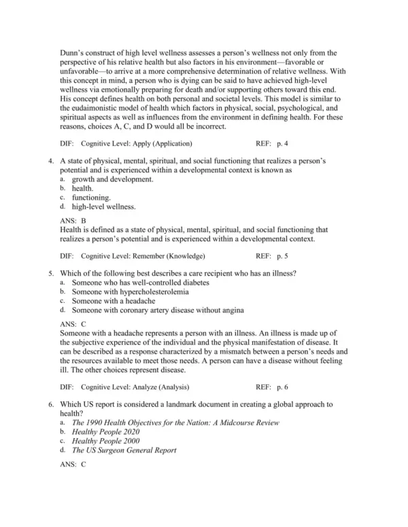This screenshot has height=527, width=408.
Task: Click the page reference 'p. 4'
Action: [x=282, y=143]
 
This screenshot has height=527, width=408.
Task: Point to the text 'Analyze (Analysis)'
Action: [x=158, y=386]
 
